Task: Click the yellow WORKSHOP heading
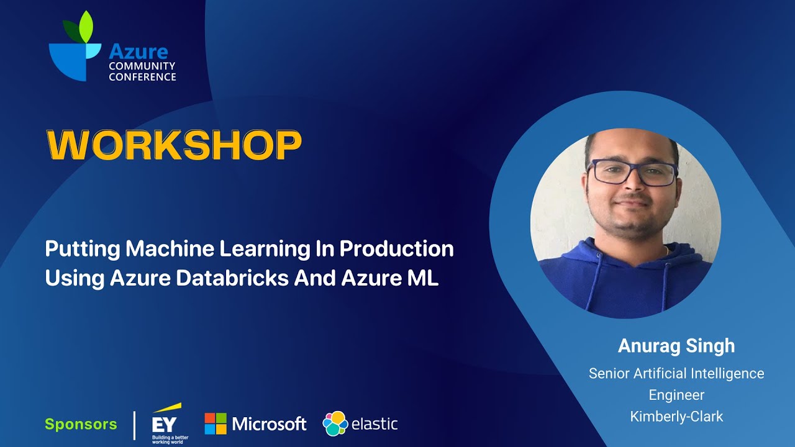pos(174,146)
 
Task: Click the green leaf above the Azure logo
pos(86,26)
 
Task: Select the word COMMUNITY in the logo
pos(142,66)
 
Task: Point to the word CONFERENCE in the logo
pos(142,77)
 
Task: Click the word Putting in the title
pos(82,249)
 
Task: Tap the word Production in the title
pos(396,249)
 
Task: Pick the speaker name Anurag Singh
pos(676,346)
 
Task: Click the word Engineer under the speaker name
pos(676,395)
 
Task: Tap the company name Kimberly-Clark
pos(676,417)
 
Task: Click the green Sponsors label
pos(81,425)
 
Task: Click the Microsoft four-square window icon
pos(216,424)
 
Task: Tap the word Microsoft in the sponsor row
pos(269,424)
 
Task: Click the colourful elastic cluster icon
pos(335,424)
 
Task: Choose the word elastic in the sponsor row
pos(375,425)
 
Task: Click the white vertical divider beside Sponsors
pos(135,425)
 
